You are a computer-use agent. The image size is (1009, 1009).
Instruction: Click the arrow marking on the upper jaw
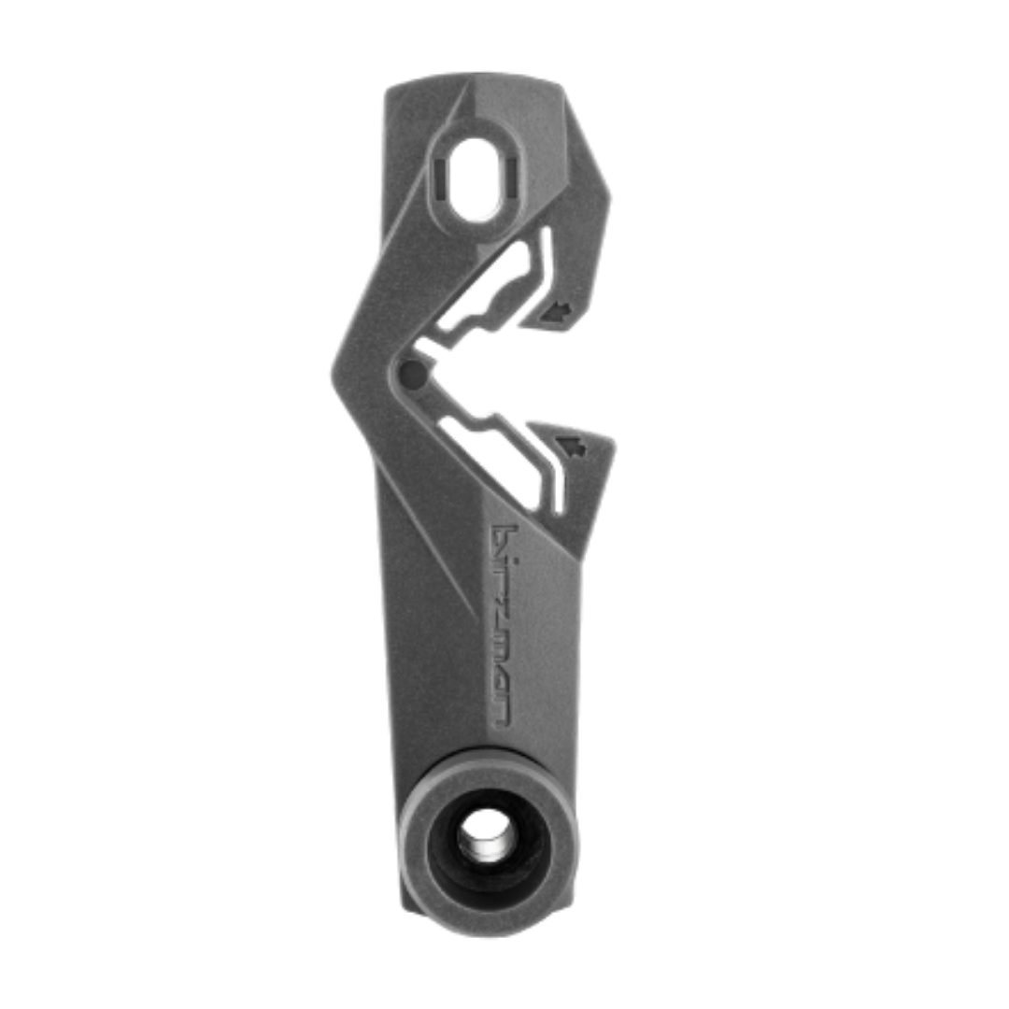pyautogui.click(x=558, y=311)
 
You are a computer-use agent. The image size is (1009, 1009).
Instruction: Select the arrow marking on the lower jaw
pyautogui.click(x=571, y=446)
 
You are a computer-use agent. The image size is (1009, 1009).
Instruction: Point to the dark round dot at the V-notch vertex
pyautogui.click(x=412, y=376)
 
